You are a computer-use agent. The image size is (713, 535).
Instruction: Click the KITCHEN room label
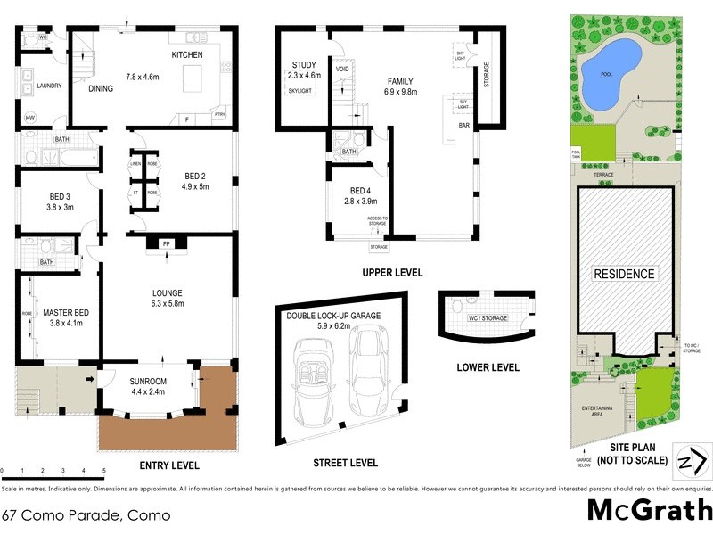pyautogui.click(x=187, y=55)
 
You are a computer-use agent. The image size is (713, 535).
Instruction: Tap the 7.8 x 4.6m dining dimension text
pyautogui.click(x=142, y=77)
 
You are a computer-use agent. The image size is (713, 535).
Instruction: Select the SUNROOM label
pyautogui.click(x=148, y=382)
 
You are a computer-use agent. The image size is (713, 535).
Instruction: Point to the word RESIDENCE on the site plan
pyautogui.click(x=624, y=274)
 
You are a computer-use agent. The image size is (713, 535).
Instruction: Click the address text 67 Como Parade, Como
pyautogui.click(x=86, y=515)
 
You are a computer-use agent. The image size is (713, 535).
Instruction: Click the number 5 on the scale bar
pyautogui.click(x=104, y=470)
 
